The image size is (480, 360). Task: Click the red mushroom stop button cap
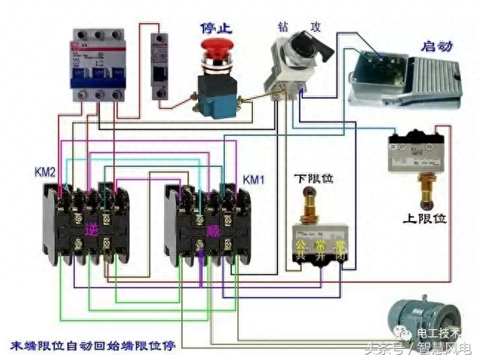click(216, 51)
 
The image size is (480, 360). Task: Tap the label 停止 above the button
click(216, 28)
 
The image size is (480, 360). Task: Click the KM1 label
click(253, 180)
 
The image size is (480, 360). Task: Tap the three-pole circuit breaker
click(97, 65)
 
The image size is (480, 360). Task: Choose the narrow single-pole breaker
click(159, 65)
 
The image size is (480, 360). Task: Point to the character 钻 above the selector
click(284, 27)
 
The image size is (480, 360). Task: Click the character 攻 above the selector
click(316, 27)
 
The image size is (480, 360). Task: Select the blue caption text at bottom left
click(92, 346)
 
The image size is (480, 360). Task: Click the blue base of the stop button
click(215, 104)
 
